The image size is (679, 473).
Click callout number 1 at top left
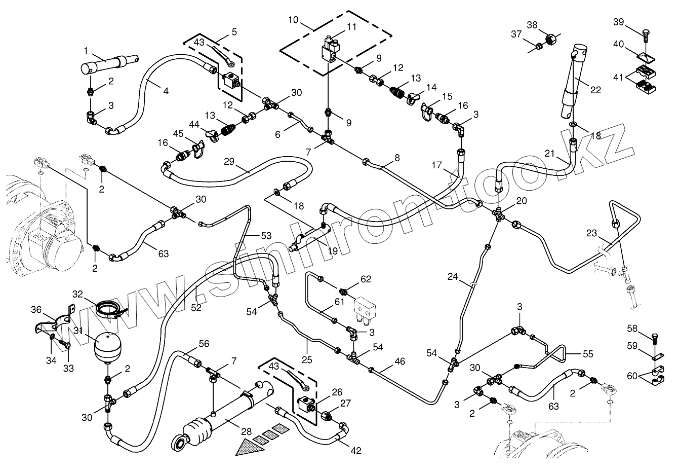tap(86, 51)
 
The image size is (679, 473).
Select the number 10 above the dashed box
tap(293, 20)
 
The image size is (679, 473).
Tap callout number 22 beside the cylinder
tap(595, 90)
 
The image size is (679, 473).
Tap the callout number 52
tap(196, 306)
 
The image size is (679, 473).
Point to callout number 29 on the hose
tap(229, 161)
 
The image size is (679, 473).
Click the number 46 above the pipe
tap(400, 361)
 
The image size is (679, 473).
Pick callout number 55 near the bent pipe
tap(588, 354)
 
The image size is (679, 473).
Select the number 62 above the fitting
tap(366, 279)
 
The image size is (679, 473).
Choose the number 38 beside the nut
tap(532, 24)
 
